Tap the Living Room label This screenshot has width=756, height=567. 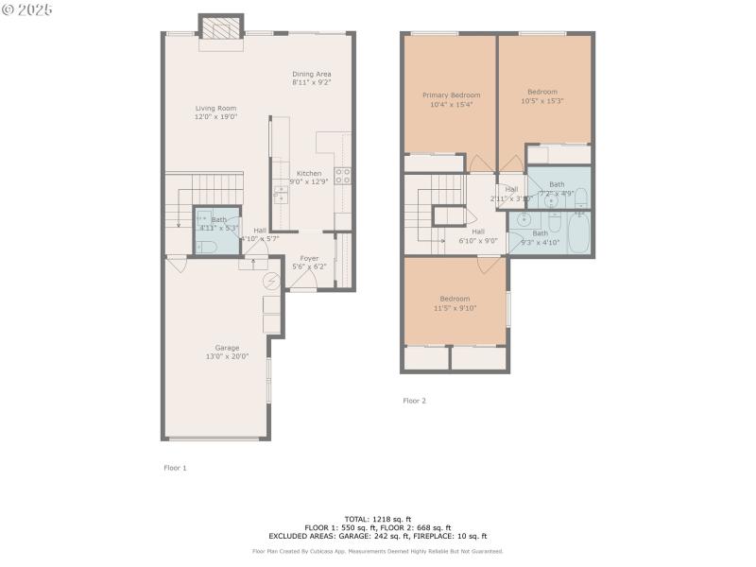tap(215, 109)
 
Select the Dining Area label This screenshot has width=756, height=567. tap(311, 74)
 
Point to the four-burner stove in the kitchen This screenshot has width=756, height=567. tap(344, 175)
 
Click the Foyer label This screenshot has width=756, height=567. tap(309, 258)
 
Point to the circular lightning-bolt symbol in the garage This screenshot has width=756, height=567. tap(271, 281)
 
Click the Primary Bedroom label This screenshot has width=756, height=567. tap(451, 94)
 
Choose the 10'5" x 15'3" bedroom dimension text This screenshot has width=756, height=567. tap(542, 101)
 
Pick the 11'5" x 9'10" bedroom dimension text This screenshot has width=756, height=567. tap(455, 307)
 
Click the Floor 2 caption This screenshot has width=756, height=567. tap(414, 401)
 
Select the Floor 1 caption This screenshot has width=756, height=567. tap(176, 468)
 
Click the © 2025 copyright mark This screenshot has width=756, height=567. tap(27, 9)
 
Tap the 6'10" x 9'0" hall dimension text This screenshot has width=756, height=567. tap(477, 240)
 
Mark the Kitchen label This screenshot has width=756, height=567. tap(309, 173)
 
